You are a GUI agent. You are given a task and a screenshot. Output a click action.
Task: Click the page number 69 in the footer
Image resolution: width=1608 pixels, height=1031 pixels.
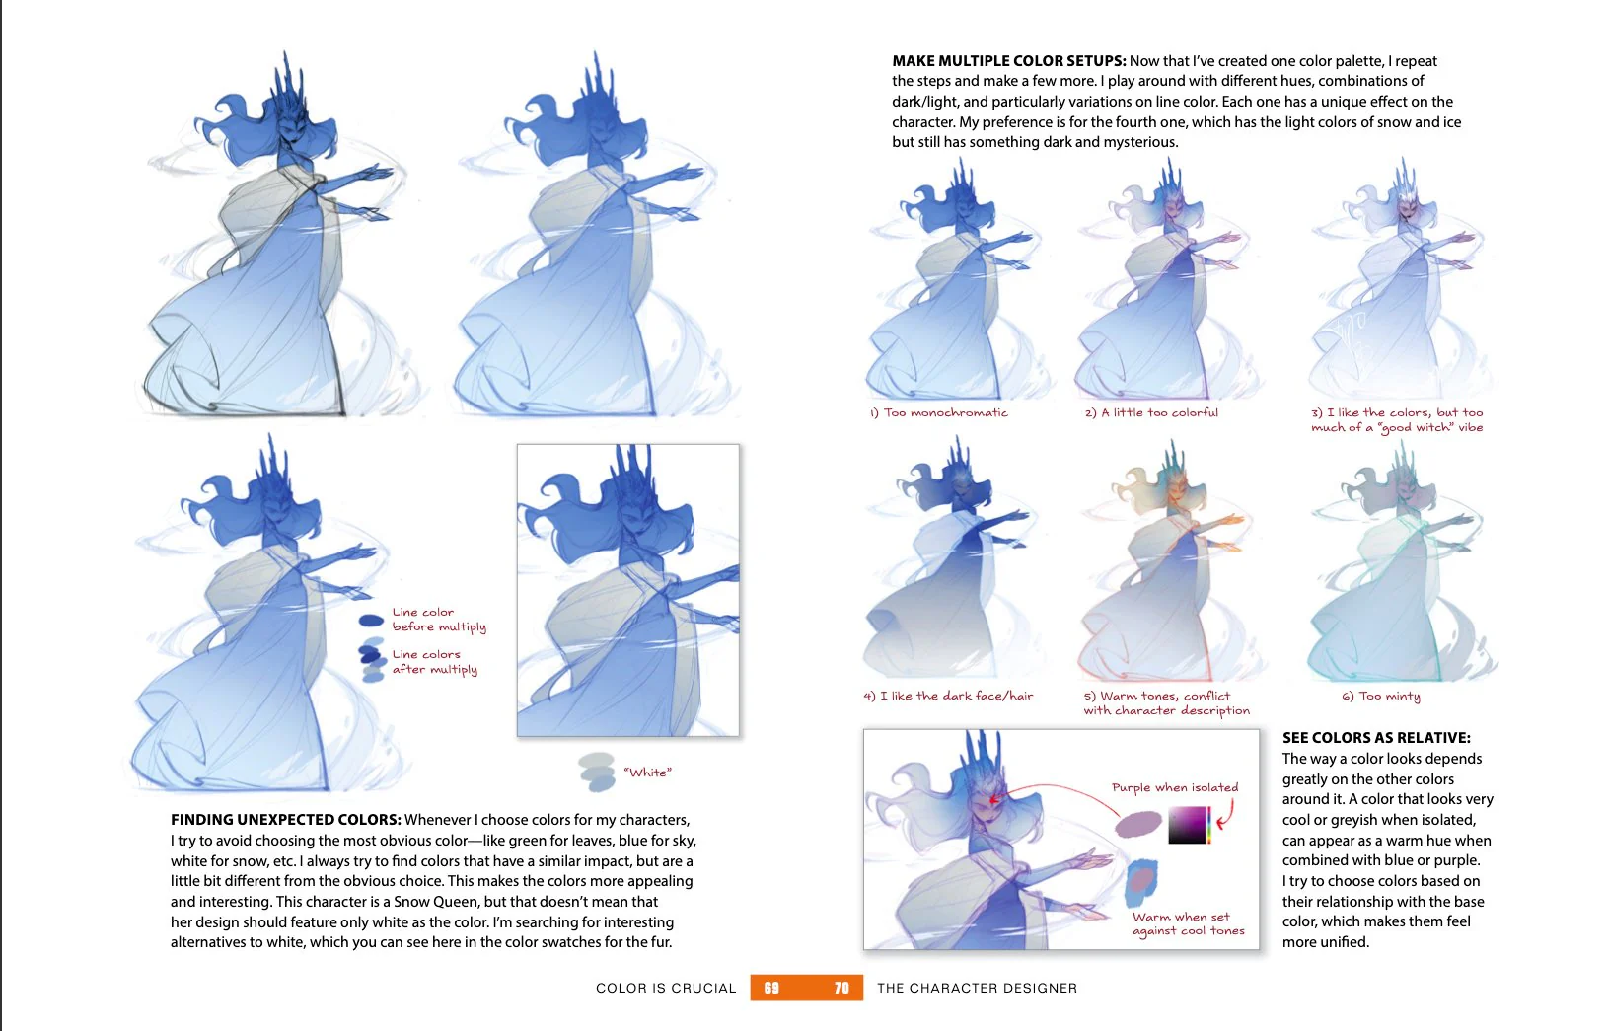[x=771, y=988]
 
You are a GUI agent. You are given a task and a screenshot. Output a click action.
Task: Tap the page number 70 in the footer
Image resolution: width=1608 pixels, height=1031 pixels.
[x=841, y=988]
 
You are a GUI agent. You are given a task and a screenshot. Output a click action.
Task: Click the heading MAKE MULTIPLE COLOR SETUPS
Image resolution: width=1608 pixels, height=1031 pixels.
[x=1008, y=61]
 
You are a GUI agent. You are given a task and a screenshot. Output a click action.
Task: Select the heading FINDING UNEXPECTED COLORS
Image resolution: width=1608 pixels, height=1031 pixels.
[x=286, y=819]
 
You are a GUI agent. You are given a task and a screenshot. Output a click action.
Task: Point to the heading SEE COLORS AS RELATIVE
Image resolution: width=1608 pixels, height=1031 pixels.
[x=1376, y=737]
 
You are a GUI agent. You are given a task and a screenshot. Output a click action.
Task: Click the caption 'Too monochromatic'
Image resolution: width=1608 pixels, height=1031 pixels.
[x=945, y=412]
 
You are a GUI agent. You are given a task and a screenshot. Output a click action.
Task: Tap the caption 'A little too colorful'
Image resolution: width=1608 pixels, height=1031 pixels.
[x=1159, y=412]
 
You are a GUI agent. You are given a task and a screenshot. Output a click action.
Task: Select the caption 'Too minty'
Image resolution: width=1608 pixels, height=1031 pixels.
[x=1389, y=696]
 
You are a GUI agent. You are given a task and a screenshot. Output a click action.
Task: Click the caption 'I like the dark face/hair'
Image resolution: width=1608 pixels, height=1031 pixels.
[x=956, y=696]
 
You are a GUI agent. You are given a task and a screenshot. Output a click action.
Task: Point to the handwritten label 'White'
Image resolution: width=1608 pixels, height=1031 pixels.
[x=647, y=773]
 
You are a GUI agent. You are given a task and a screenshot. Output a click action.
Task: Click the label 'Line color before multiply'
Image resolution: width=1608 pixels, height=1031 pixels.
[x=439, y=620]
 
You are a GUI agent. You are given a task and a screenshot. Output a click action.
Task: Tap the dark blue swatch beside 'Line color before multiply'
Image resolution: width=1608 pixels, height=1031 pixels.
[x=371, y=621]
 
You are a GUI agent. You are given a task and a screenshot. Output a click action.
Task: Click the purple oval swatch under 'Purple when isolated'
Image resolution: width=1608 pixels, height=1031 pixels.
[x=1138, y=824]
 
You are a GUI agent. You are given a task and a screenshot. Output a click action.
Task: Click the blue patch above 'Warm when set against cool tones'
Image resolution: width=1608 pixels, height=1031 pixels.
[x=1142, y=882]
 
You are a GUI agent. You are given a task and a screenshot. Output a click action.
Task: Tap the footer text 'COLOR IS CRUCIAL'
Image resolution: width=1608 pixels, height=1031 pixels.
[x=666, y=989]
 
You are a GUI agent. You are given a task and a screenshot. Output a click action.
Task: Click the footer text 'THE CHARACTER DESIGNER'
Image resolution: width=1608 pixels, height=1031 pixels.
[x=977, y=989]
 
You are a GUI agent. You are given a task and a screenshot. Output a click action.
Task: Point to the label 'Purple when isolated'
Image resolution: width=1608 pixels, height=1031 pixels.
[x=1175, y=787]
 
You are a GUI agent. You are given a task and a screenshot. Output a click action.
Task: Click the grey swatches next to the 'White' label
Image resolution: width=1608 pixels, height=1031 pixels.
[x=597, y=772]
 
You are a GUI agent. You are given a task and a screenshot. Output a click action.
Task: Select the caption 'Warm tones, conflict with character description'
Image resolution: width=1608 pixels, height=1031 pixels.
[x=1166, y=702]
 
